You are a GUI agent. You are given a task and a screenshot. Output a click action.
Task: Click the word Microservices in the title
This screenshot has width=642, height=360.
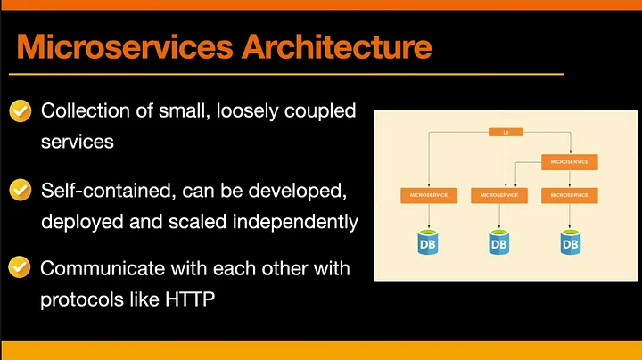pos(125,47)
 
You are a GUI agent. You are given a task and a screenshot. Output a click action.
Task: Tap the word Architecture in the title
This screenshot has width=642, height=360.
pos(337,47)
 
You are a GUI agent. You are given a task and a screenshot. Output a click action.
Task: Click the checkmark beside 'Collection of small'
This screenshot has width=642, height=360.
pos(20,110)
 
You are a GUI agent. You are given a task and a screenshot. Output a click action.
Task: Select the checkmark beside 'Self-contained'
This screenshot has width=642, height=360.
pos(20,190)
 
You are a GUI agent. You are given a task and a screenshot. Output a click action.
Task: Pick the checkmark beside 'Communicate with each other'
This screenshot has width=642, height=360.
pos(20,267)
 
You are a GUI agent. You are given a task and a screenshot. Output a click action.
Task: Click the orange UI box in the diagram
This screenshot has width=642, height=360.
pos(506,132)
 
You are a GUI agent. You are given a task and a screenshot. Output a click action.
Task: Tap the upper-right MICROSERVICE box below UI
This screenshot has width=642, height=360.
pos(570,162)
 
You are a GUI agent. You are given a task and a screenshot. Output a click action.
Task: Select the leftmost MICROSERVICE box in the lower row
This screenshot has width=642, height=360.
pos(429,195)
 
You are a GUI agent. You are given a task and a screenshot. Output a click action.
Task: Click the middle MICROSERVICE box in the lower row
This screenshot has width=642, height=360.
pos(499,195)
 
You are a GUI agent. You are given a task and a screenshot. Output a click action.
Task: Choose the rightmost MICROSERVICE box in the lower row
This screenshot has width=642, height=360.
pos(570,195)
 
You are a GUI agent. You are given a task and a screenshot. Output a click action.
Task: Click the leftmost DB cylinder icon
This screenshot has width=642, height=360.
pos(428,242)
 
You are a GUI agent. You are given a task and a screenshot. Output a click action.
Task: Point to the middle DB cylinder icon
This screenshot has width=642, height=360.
pos(499,242)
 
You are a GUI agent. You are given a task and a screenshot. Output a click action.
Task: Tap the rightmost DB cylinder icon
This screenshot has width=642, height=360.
pos(571,242)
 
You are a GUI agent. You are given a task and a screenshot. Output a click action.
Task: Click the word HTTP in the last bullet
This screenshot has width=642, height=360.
pos(190,299)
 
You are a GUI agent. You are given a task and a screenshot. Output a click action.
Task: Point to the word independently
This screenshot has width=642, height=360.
pos(296,222)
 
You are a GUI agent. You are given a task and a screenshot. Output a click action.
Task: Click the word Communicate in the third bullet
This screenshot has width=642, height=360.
pos(103,268)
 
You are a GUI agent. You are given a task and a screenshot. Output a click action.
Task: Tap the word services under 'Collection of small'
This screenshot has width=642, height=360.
pos(78,143)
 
